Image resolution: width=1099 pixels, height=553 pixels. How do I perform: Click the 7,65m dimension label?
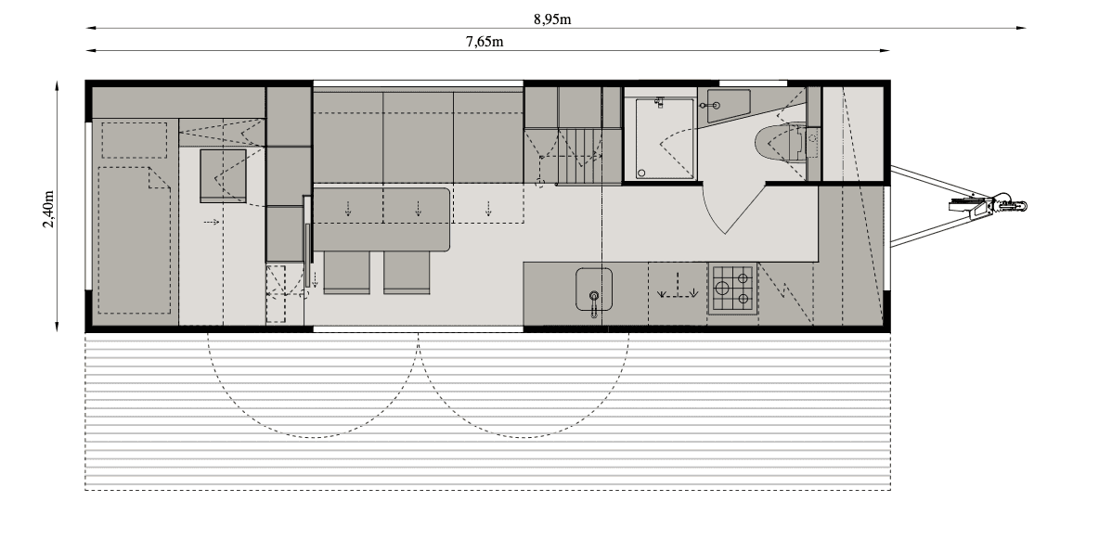484,41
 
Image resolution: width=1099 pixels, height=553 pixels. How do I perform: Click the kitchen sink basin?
593,287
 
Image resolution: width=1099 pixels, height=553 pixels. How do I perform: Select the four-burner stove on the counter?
732,288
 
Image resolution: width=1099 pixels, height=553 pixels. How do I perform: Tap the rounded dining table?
381,219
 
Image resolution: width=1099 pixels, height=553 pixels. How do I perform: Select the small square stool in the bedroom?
224,174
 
